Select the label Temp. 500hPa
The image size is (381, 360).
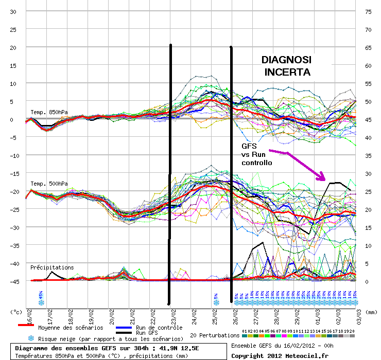click(x=49, y=184)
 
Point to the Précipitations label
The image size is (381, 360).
click(x=52, y=267)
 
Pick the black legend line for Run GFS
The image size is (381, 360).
click(x=123, y=333)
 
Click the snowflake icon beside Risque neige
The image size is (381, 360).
click(x=31, y=338)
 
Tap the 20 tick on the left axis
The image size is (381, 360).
click(x=13, y=47)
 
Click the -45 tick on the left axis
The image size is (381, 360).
click(x=12, y=281)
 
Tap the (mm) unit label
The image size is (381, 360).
click(x=371, y=311)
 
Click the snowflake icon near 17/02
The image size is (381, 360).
click(x=41, y=302)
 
